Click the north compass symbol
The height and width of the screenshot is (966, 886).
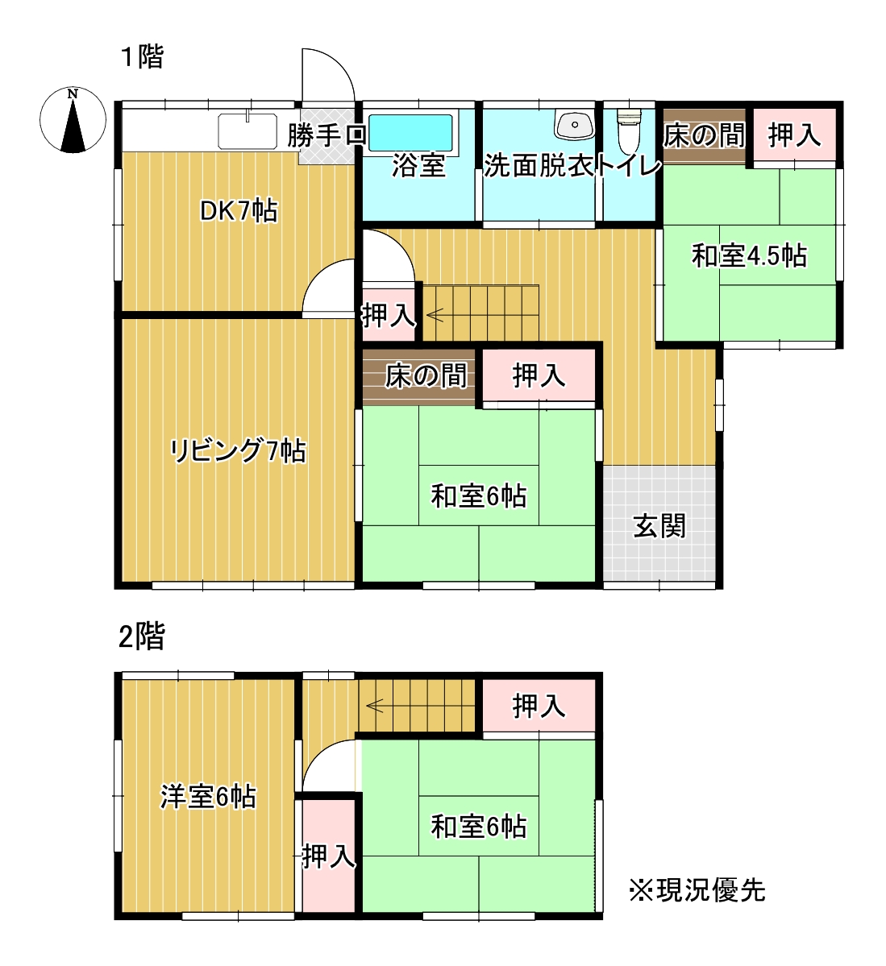pyautogui.click(x=73, y=120)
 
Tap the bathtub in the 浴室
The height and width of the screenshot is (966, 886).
pyautogui.click(x=410, y=131)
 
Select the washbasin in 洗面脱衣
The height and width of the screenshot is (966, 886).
pyautogui.click(x=573, y=124)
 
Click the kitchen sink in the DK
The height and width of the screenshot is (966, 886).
pyautogui.click(x=247, y=131)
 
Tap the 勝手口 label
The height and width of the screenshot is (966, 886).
pyautogui.click(x=327, y=135)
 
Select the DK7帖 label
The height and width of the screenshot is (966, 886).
pyautogui.click(x=239, y=211)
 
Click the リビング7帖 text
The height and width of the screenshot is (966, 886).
pyautogui.click(x=238, y=450)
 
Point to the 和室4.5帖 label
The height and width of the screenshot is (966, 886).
pyautogui.click(x=749, y=256)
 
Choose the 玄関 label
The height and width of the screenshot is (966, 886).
pyautogui.click(x=659, y=526)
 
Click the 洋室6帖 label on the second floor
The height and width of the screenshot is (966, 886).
pyautogui.click(x=208, y=797)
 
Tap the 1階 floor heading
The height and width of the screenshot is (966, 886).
pyautogui.click(x=143, y=57)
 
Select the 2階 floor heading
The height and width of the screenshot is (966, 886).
pyautogui.click(x=142, y=636)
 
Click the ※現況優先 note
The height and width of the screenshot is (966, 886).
pyautogui.click(x=697, y=890)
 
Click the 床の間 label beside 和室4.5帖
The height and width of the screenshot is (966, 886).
pyautogui.click(x=703, y=135)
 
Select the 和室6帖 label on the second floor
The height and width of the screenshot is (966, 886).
pyautogui.click(x=479, y=827)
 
